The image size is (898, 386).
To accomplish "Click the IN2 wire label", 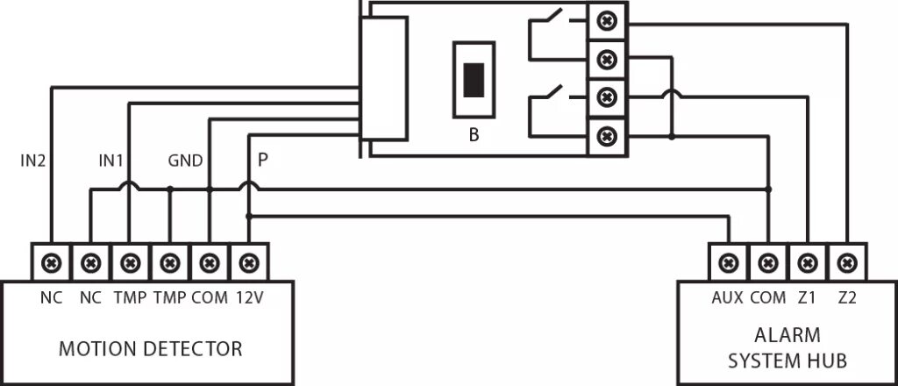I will click(x=33, y=161).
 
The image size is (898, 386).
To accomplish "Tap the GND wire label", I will click(x=185, y=161).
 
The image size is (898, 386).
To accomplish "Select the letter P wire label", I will click(x=262, y=161).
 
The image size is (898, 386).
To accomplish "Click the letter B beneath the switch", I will click(x=474, y=136).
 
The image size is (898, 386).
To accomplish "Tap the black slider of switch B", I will click(x=474, y=80).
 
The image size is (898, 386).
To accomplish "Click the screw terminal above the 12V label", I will click(x=249, y=261).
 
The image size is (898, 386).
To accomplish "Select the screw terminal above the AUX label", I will click(x=727, y=261).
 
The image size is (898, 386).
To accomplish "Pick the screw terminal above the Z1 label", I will click(x=807, y=261).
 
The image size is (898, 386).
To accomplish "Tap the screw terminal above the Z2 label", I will click(x=846, y=261).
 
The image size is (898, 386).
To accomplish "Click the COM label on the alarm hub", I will click(x=767, y=297).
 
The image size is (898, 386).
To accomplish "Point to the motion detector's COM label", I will click(x=209, y=297).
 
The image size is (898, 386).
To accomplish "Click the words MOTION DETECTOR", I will click(x=150, y=348).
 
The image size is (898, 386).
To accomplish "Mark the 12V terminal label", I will click(x=249, y=297).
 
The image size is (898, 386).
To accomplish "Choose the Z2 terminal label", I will click(x=846, y=297).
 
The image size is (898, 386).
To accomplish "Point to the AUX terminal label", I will click(x=727, y=297).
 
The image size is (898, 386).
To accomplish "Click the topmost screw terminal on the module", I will click(x=606, y=20).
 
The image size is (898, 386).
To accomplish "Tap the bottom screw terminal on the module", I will click(x=606, y=136).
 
